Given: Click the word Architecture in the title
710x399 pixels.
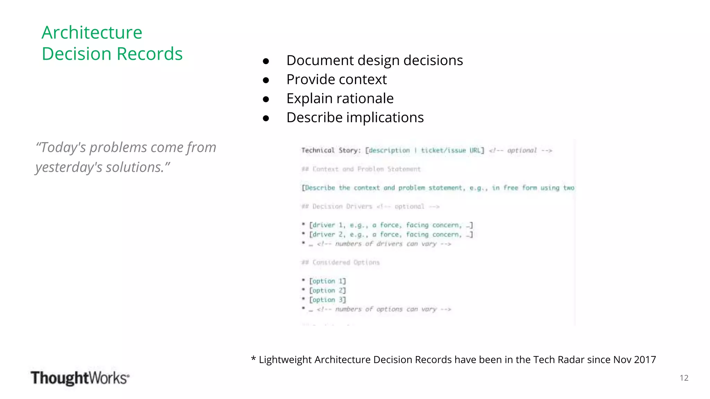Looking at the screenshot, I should click(x=92, y=33).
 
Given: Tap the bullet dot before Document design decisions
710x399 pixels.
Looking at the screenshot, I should click(x=266, y=61).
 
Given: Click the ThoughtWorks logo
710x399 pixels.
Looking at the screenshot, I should click(x=80, y=378).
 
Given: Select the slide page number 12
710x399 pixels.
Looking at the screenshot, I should click(x=684, y=378).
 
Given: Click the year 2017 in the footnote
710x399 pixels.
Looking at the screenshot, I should click(x=645, y=360).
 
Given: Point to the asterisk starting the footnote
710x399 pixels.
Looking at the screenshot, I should click(x=253, y=359).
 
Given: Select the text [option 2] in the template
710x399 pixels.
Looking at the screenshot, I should click(x=327, y=291).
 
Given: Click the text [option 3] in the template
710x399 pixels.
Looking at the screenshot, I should click(x=327, y=300).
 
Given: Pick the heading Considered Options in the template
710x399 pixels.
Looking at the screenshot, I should click(x=346, y=263).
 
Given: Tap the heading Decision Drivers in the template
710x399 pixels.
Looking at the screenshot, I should click(x=342, y=207).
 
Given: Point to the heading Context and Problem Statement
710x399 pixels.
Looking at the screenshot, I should click(x=366, y=169).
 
